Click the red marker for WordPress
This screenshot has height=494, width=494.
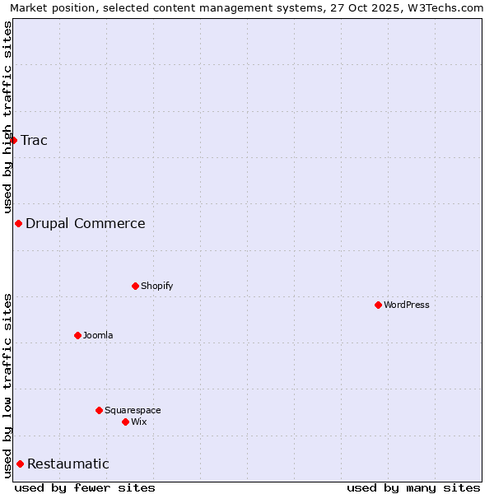click(378, 305)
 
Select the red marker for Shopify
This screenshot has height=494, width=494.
click(135, 286)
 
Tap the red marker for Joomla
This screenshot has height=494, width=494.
click(77, 335)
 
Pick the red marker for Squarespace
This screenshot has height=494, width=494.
click(99, 410)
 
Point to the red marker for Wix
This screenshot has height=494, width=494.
click(125, 422)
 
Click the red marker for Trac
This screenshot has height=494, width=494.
click(13, 140)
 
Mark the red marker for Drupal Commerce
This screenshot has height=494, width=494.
click(18, 223)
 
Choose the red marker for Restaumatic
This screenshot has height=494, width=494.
click(20, 464)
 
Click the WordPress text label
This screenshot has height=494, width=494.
click(407, 305)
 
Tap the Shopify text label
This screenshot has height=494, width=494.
click(156, 286)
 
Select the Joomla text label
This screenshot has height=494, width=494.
click(98, 335)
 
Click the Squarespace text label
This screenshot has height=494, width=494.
click(133, 410)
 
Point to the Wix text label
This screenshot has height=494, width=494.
click(138, 422)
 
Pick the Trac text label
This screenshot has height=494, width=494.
click(34, 140)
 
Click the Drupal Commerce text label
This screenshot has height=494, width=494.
click(85, 223)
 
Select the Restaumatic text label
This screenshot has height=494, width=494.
click(68, 464)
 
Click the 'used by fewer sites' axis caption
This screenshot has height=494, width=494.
click(85, 487)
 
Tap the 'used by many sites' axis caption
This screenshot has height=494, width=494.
click(413, 487)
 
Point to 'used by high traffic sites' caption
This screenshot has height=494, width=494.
click(7, 117)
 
